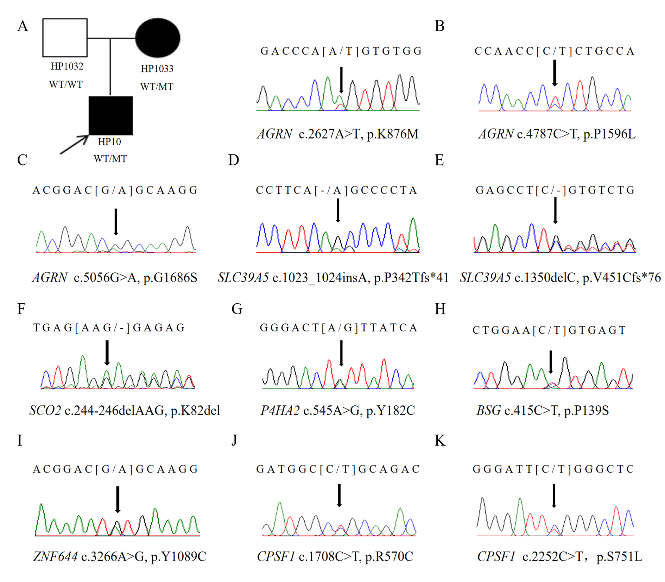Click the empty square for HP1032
coord(65,38)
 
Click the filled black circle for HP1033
coord(158,38)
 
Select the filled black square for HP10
coord(110,115)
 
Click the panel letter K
coord(440,441)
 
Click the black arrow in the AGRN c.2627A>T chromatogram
coord(341,80)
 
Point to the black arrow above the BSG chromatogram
coord(551,362)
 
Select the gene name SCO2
coord(45,411)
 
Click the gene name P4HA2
coord(280,411)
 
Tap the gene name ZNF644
coord(55,557)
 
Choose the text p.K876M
coord(393,134)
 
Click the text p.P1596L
coord(609,134)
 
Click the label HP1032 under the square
coord(67,66)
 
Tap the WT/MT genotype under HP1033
coord(157,87)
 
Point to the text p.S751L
coord(619,557)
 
